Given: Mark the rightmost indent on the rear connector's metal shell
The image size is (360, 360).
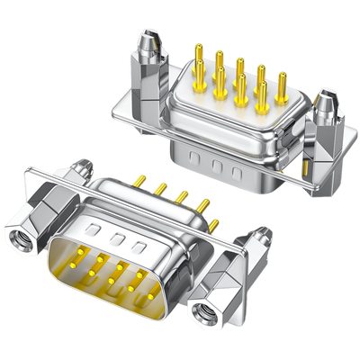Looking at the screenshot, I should pos(238,172).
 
